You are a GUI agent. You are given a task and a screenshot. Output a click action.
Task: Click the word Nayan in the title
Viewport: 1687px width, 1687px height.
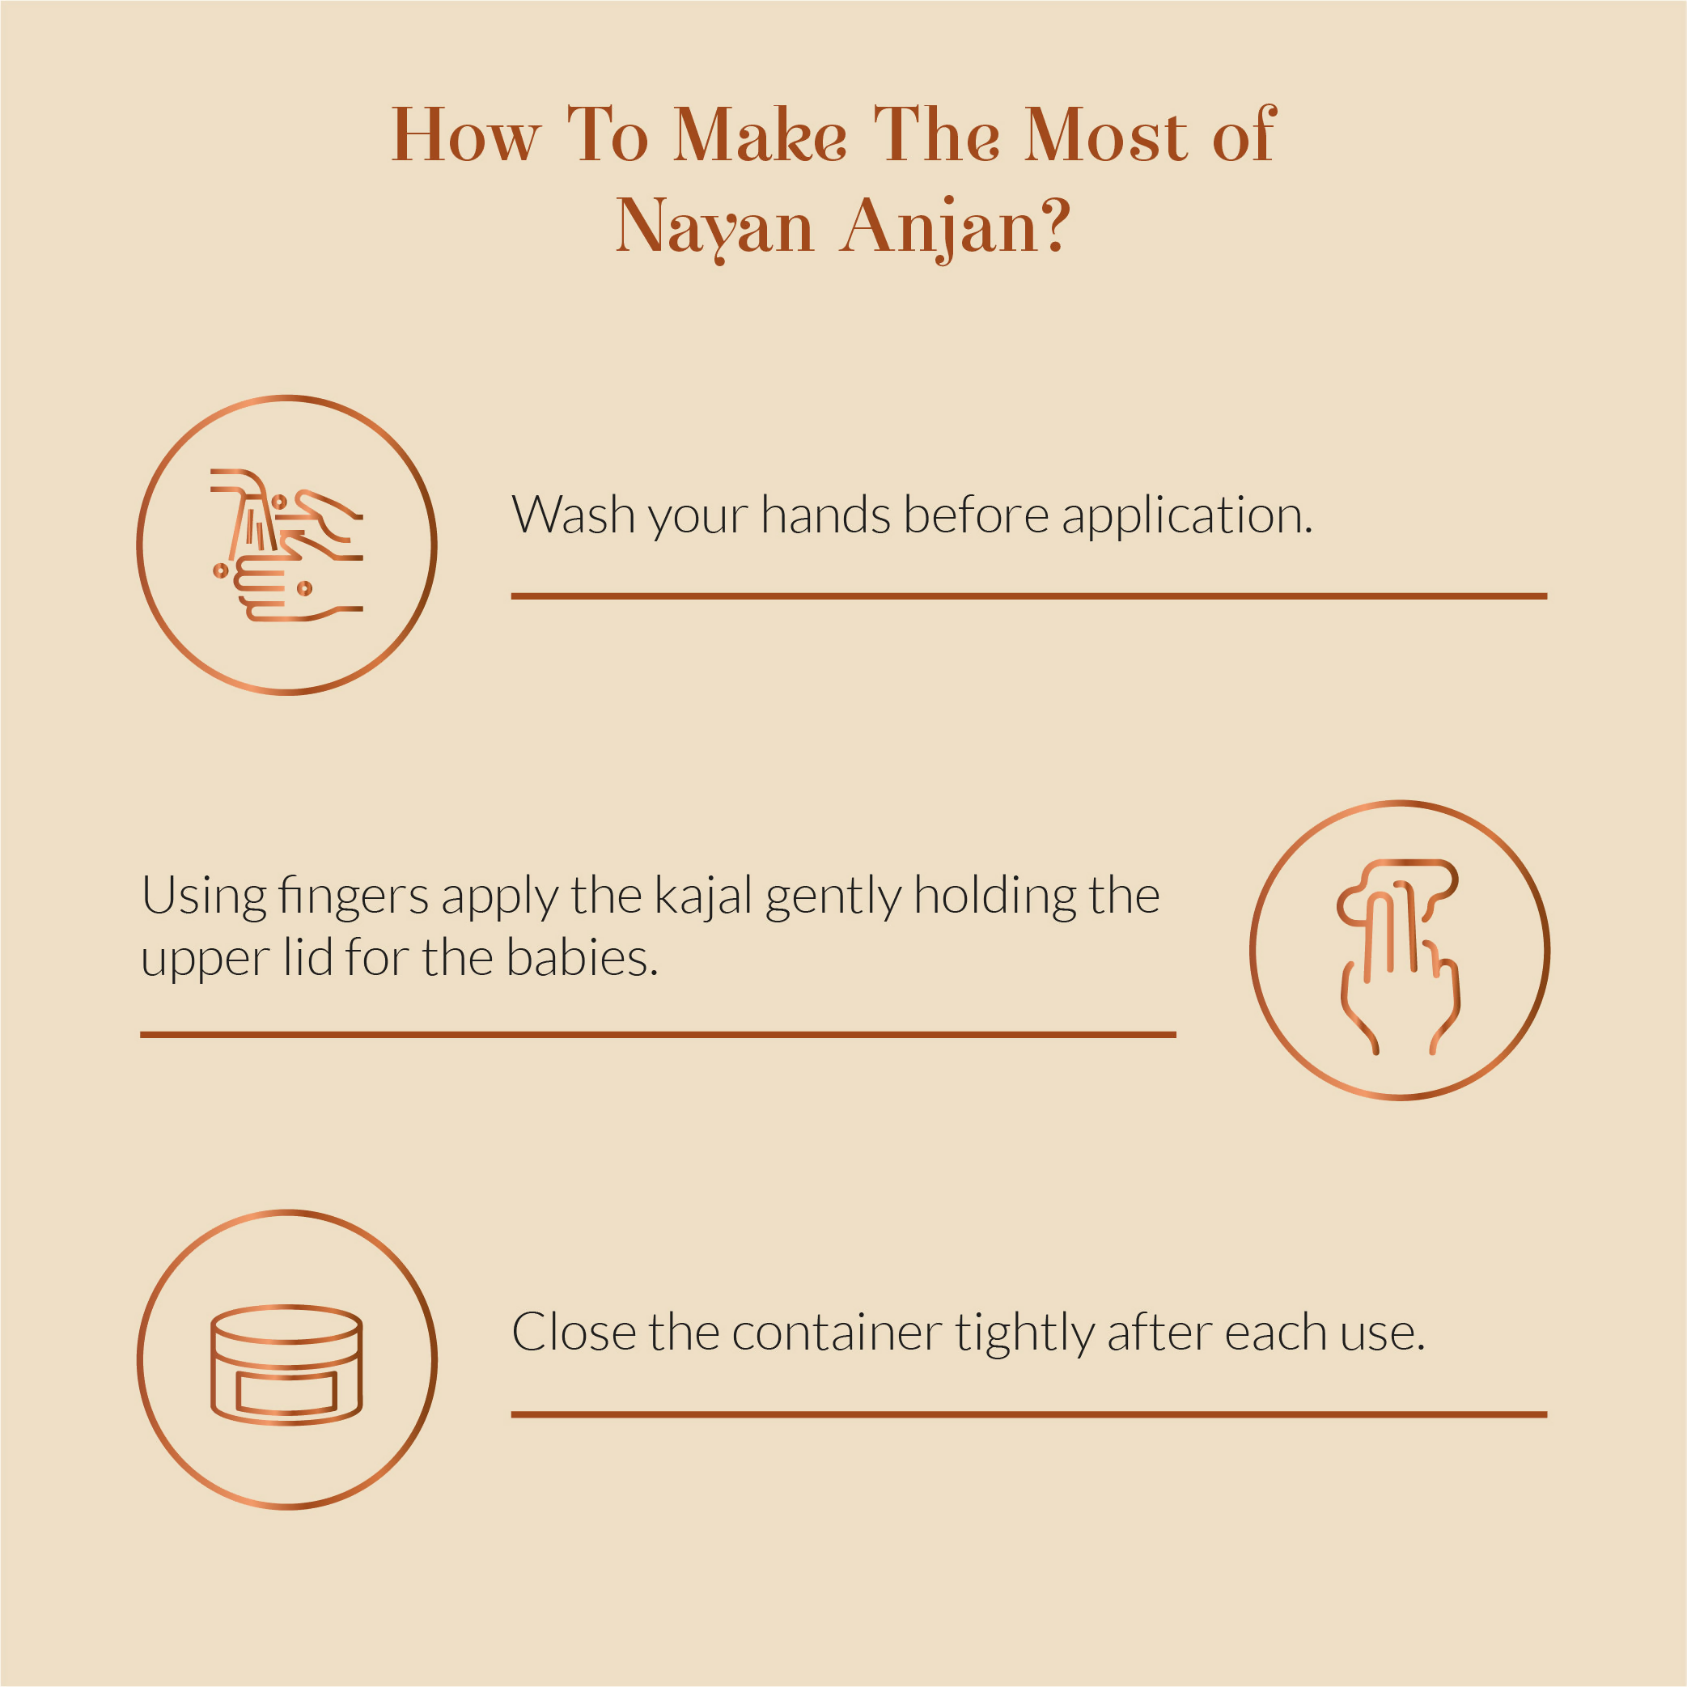tap(714, 228)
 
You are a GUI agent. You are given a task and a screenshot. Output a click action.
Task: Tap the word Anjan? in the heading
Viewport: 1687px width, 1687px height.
tap(956, 228)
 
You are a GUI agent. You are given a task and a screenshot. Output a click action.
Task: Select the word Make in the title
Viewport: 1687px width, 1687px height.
tap(760, 134)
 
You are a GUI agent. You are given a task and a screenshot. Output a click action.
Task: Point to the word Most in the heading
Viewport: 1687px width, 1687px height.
tap(1105, 134)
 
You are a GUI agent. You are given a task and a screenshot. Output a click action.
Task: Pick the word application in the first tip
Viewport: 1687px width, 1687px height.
tap(1187, 516)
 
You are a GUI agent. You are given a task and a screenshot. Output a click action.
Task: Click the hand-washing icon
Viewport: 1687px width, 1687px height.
tap(287, 545)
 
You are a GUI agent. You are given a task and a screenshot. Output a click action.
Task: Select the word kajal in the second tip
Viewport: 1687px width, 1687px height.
tap(703, 896)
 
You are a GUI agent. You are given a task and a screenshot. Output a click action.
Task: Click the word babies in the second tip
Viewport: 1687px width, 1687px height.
tap(582, 958)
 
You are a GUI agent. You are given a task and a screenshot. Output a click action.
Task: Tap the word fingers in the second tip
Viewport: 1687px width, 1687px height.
tap(354, 896)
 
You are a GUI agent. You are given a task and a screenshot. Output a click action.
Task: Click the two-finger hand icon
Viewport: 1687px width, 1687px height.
tap(1399, 957)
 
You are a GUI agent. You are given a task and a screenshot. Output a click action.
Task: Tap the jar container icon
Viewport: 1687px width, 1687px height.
tap(286, 1366)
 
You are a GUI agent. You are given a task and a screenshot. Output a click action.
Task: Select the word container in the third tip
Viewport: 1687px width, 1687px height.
tap(837, 1333)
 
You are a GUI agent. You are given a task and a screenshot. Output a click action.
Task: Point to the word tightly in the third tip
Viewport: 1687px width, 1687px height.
tap(1024, 1335)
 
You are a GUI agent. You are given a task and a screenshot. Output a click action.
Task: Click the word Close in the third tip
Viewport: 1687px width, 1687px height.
tap(574, 1333)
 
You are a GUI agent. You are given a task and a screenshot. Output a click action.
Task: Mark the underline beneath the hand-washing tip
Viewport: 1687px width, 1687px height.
tap(1028, 596)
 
